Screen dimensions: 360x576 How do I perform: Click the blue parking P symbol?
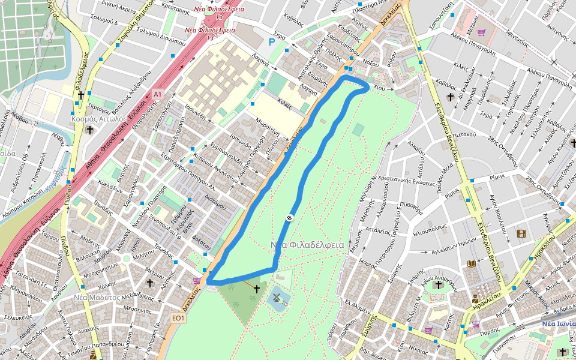tap(272, 42)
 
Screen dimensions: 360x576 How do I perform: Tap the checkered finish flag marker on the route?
tap(289, 218)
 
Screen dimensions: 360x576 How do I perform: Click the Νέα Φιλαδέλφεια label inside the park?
tap(307, 245)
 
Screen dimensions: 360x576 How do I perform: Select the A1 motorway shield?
tap(157, 94)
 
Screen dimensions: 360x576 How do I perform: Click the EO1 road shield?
tap(178, 317)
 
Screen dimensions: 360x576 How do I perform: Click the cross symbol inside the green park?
tap(256, 289)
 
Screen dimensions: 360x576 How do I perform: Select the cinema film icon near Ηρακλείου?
tap(521, 233)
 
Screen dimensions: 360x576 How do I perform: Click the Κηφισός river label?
tap(55, 180)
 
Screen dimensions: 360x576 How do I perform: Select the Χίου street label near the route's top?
tap(379, 88)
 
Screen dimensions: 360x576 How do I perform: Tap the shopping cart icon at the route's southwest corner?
tap(196, 281)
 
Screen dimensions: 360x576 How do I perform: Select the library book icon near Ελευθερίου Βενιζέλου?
tap(471, 264)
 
